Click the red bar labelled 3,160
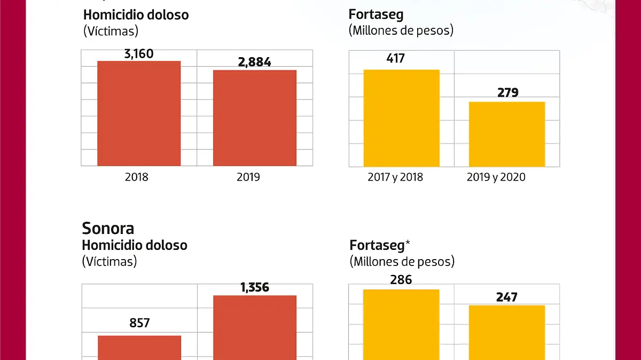point(139,113)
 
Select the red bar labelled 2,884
point(255,118)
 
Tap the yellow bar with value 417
point(401,118)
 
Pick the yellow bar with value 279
point(507,134)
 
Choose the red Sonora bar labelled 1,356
point(255,327)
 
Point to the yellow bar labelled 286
point(401,324)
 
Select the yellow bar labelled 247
point(507,332)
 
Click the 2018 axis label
point(137,177)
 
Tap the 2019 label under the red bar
point(248,177)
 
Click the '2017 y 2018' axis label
point(395,177)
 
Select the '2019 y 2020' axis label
point(496,177)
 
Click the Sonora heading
point(108,229)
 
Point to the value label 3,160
point(138,54)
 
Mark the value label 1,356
point(254,288)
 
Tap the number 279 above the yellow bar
point(507,93)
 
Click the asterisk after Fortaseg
point(408,244)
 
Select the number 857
point(139,323)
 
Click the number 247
point(506,297)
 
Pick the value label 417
point(395,58)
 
